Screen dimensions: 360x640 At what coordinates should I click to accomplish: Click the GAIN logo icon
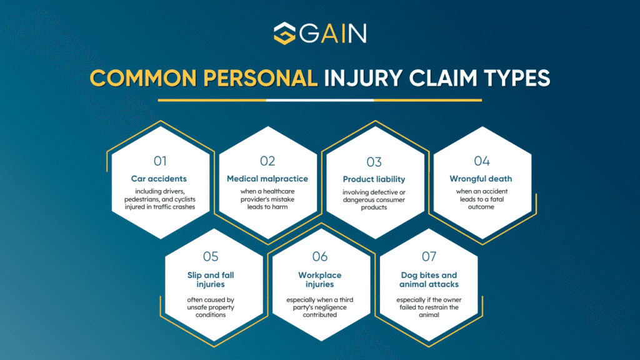(284, 33)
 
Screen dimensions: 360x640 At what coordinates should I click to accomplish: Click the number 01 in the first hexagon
(160, 161)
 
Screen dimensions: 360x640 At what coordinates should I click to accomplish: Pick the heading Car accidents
(160, 179)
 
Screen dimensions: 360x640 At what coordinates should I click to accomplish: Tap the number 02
(267, 161)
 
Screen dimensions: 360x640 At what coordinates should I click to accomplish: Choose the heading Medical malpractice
(267, 179)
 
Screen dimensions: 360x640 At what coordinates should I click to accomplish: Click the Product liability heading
(374, 179)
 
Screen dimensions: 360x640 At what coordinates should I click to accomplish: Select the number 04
(481, 161)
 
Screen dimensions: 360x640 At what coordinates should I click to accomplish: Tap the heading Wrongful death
(481, 179)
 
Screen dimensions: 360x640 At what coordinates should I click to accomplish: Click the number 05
(211, 256)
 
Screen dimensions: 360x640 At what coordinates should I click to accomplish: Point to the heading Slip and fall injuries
(211, 279)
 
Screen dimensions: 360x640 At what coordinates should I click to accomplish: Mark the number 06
(320, 256)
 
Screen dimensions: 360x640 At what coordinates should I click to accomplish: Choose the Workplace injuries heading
(320, 279)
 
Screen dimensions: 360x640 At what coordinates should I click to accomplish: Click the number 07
(429, 256)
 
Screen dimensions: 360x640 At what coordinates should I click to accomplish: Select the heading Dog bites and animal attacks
(429, 279)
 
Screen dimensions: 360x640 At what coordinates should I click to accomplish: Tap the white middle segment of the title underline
(319, 99)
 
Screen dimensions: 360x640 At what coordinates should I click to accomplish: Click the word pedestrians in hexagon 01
(142, 199)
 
